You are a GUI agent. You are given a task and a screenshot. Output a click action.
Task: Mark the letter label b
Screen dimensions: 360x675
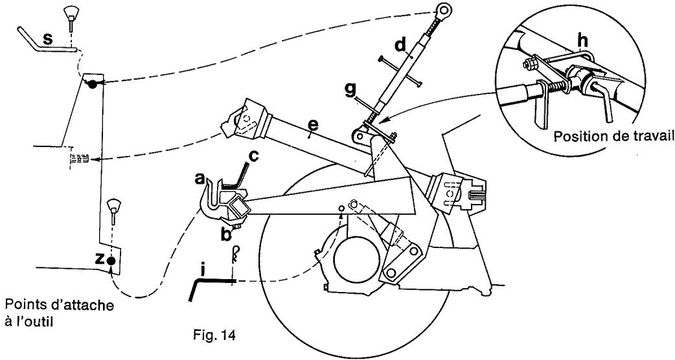pyautogui.click(x=226, y=234)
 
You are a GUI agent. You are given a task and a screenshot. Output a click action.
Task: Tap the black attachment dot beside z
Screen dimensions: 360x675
pyautogui.click(x=111, y=260)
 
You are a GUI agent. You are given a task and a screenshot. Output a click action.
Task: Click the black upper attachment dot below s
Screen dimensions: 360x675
pyautogui.click(x=93, y=85)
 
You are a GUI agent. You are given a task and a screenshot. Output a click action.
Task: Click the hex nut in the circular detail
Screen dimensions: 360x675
pyautogui.click(x=527, y=63)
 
